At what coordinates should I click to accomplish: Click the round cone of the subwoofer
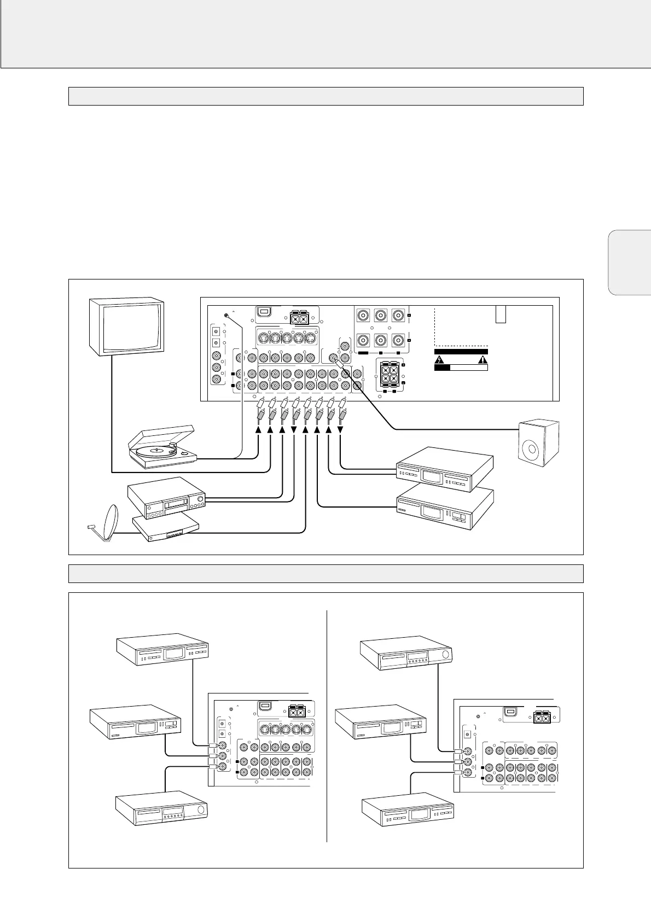tap(532, 451)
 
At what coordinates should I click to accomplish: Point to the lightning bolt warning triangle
tap(440, 359)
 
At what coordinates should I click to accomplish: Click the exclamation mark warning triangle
tap(483, 359)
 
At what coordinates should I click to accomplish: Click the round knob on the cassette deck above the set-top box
tap(200, 500)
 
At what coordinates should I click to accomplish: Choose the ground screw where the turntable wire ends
tap(226, 316)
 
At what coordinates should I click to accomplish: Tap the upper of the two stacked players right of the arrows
tap(444, 469)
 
